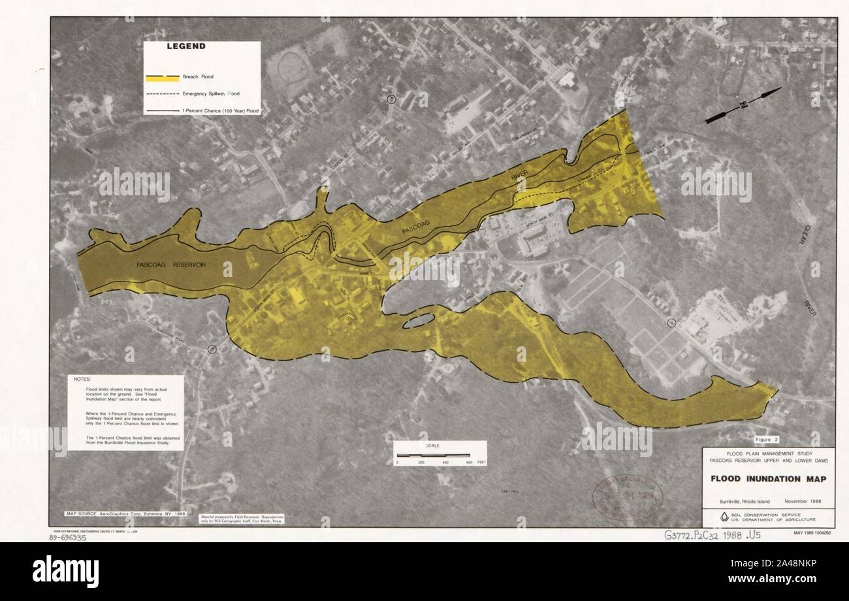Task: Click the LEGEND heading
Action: (186, 46)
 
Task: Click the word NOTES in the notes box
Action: (83, 379)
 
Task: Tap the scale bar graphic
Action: (432, 453)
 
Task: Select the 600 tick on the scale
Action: (469, 463)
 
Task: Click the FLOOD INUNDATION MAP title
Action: (768, 479)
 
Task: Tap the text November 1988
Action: (803, 502)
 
